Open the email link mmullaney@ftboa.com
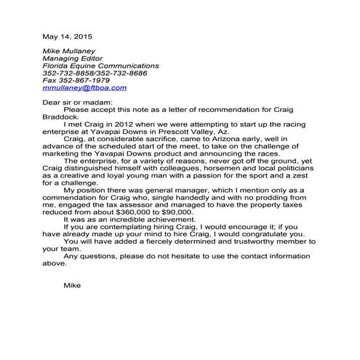tap(84, 88)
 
